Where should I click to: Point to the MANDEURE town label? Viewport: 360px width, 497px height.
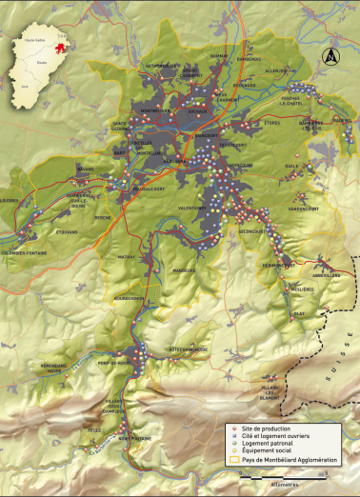pos(185,269)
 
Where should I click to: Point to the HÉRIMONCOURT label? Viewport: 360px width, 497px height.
pos(279,265)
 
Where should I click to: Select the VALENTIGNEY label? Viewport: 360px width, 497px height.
pos(193,207)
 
